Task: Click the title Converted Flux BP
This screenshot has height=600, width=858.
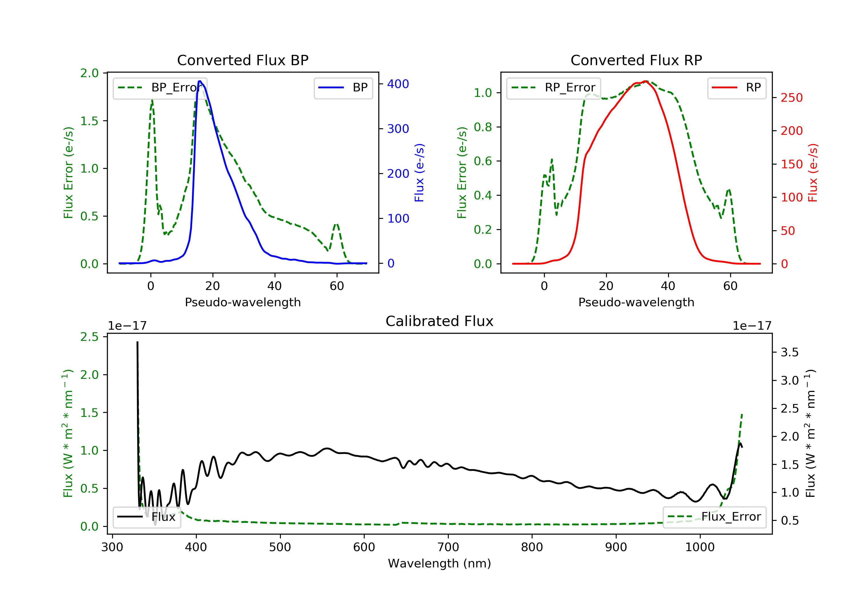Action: click(243, 60)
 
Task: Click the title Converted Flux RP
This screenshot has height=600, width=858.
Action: click(636, 60)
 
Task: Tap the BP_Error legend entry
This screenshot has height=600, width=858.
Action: click(160, 88)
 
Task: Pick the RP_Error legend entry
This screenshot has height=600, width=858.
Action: click(553, 88)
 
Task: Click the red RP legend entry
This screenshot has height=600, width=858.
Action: click(736, 88)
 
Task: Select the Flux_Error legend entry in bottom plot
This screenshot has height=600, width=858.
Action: click(714, 517)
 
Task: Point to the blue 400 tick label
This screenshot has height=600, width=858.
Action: click(398, 84)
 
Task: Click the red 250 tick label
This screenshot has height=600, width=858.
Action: click(791, 98)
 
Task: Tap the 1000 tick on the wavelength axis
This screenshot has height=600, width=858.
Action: click(700, 547)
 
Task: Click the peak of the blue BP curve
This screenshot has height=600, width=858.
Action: click(200, 81)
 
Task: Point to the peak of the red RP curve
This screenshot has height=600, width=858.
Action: click(646, 81)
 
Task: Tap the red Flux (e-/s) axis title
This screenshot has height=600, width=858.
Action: click(813, 173)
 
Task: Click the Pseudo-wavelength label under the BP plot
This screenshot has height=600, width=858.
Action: click(243, 302)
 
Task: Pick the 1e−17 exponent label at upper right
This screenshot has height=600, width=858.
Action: click(752, 326)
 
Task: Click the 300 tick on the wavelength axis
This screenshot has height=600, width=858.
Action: click(112, 547)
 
